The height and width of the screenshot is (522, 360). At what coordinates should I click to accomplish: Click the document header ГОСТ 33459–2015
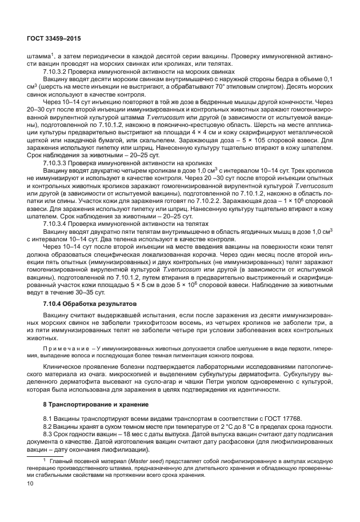tap(53, 38)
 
